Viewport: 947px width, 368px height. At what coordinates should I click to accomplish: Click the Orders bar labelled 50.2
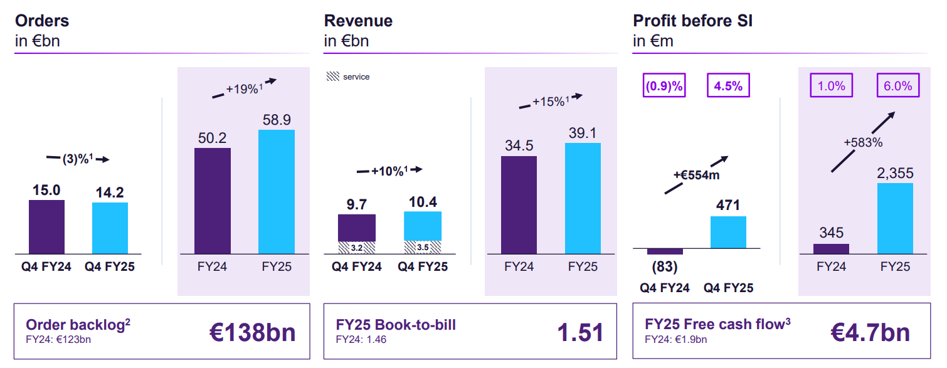coord(213,201)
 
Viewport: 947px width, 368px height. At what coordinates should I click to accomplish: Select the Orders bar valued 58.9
coord(277,191)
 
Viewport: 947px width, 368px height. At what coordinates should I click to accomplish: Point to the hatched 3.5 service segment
coord(423,248)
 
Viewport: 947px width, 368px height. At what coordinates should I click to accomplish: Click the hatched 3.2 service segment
coord(357,248)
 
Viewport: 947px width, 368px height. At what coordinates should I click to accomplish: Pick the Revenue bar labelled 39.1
coord(583,198)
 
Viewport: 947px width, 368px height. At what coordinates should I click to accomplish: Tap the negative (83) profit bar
coord(665,251)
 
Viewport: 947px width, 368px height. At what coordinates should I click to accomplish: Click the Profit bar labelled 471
coord(728,232)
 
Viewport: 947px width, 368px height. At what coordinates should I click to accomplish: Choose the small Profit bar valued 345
coord(831,249)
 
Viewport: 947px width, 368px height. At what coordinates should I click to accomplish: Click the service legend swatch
coord(332,76)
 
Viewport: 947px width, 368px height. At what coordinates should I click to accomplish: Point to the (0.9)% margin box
coord(664,86)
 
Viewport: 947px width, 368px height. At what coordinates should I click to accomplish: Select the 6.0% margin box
coord(898,86)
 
